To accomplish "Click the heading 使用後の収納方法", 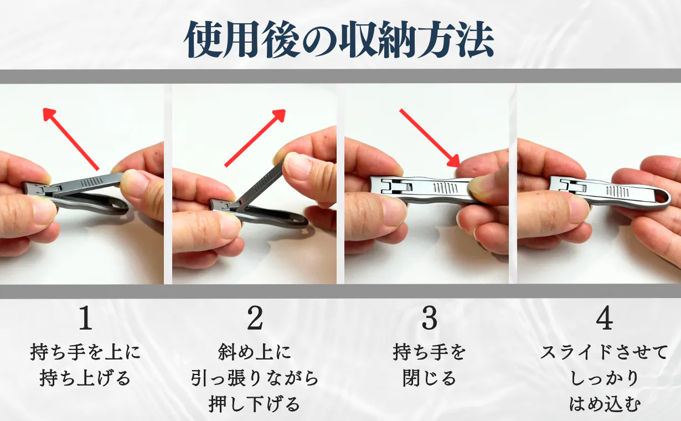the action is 339,40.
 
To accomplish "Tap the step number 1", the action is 85,318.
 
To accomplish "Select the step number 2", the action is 255,318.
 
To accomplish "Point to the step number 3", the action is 430,318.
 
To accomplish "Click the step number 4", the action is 604,318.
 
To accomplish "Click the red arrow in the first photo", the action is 71,139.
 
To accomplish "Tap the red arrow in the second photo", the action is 255,138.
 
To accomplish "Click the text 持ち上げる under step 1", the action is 85,378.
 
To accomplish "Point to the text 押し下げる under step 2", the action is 255,404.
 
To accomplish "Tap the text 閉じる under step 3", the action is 429,378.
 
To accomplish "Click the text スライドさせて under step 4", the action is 604,352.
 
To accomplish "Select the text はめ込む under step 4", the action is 605,404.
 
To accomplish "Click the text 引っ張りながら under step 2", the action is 255,378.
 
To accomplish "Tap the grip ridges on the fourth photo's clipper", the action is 617,191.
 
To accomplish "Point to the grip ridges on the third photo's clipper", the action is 445,188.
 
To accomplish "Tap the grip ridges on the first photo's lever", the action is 91,182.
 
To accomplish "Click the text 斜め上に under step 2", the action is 255,352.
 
